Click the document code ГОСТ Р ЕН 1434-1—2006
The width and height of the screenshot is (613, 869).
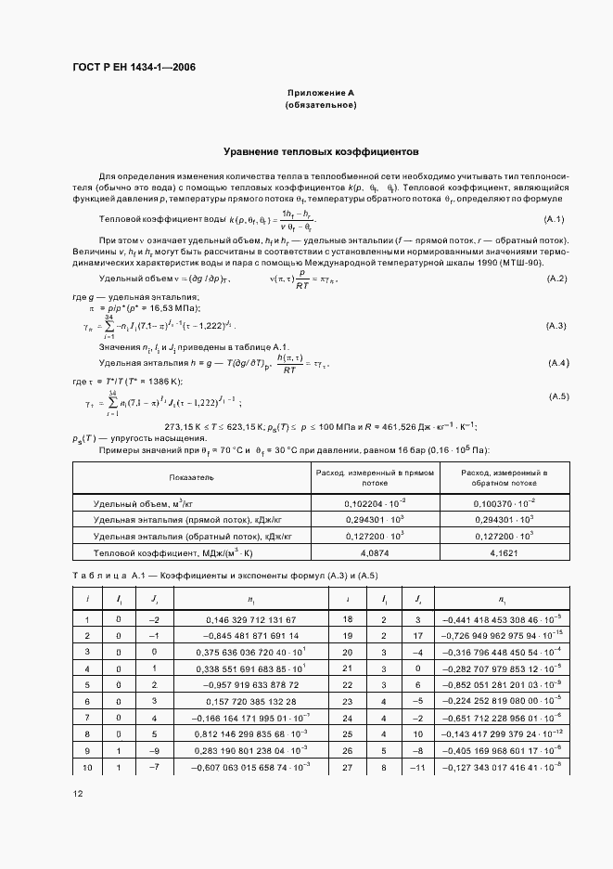pos(134,67)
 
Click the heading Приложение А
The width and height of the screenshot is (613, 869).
pos(321,93)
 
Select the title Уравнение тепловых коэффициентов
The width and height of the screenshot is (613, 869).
pos(321,149)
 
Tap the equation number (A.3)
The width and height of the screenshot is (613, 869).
pos(556,325)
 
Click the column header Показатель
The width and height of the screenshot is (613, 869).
pos(191,477)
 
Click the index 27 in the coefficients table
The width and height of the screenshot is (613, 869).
pos(347,767)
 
